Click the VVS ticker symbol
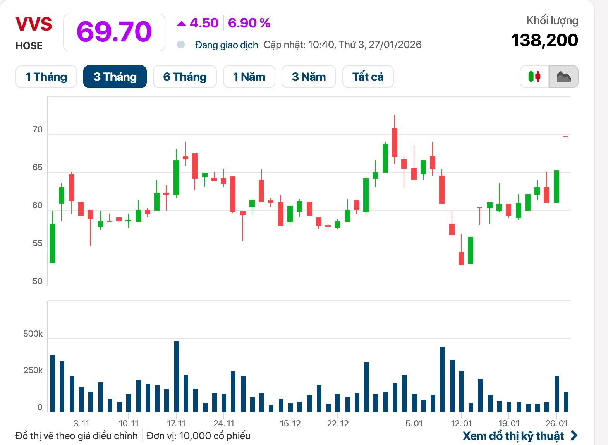[x=34, y=24]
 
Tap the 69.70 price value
[x=114, y=32]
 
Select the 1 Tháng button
[x=46, y=77]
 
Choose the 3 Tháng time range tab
[x=115, y=77]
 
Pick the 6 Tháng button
[x=185, y=77]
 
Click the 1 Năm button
[x=249, y=77]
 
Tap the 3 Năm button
[x=309, y=77]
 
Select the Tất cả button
[x=368, y=77]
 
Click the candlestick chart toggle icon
[x=534, y=77]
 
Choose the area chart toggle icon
[x=563, y=77]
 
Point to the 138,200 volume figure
[x=544, y=40]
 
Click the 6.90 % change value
[x=249, y=23]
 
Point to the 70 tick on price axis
[x=38, y=130]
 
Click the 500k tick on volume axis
[x=33, y=334]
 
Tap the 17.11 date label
[x=176, y=423]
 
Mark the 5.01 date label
[x=414, y=423]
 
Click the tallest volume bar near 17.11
[x=177, y=376]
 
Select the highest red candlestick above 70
[x=395, y=142]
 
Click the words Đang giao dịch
[x=227, y=45]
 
